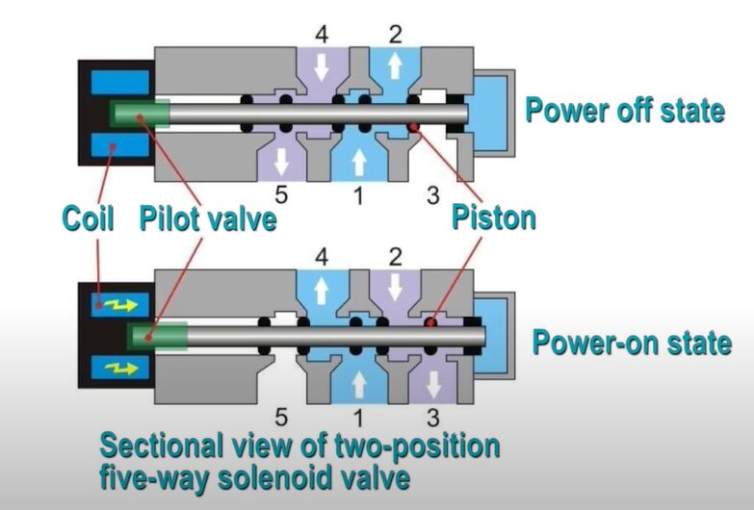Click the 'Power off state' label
624,111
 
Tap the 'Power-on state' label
632,343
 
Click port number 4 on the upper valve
322,36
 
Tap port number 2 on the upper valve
394,36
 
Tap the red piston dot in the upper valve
412,128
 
